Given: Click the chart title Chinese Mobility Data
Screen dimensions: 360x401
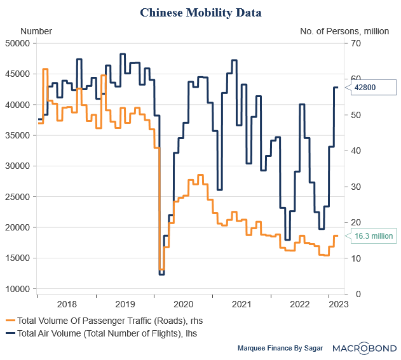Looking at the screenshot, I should coord(200,12).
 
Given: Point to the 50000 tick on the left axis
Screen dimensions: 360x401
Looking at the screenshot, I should coord(18,43).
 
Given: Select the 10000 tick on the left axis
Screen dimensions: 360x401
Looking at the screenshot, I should coord(18,289).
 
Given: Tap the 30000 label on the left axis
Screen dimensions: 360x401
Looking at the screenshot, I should coord(18,166).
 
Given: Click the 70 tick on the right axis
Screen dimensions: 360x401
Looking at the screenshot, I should coord(354,43).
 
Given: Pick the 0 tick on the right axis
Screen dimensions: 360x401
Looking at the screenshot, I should coord(351,294).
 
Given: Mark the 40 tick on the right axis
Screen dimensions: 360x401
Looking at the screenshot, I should coord(354,150).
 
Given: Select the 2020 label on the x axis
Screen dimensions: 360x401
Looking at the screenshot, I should coord(184,304).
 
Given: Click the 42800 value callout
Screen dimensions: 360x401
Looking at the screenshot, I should coord(366,87).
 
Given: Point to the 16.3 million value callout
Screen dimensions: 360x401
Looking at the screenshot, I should coord(374,236).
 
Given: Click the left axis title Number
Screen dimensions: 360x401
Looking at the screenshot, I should coord(36,30).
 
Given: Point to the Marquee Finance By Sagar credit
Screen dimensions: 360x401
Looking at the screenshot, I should coord(280,349).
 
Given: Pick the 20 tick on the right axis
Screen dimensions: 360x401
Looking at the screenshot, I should coord(354,222).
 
